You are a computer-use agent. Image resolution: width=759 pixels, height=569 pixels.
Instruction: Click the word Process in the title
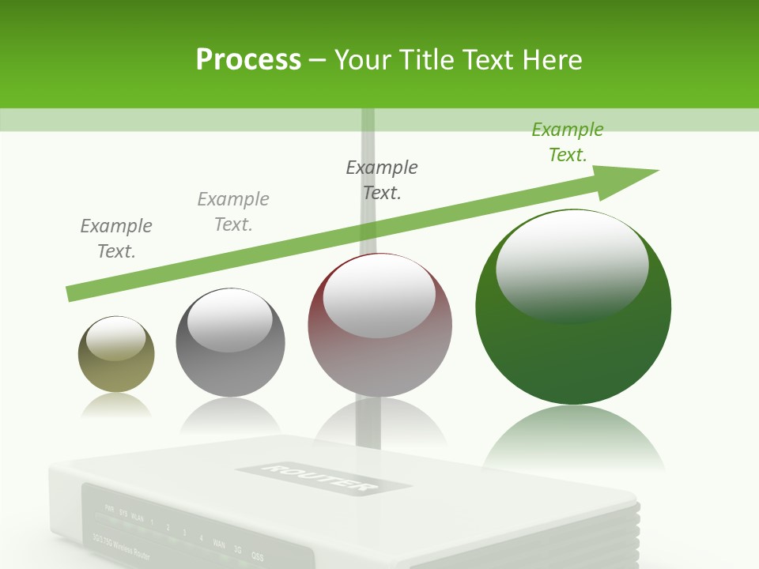pyautogui.click(x=248, y=59)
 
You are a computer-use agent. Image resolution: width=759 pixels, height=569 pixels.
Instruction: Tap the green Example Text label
pyautogui.click(x=568, y=142)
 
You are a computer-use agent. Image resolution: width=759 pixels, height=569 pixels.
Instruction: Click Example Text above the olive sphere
pyautogui.click(x=116, y=239)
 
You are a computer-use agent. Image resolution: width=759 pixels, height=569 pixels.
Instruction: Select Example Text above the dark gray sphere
pyautogui.click(x=233, y=212)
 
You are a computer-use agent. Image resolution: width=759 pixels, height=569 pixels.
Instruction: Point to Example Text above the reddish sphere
pyautogui.click(x=382, y=180)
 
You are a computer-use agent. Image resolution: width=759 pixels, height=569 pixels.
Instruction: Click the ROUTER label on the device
pyautogui.click(x=323, y=477)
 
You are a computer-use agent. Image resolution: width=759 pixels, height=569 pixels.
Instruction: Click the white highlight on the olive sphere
pyautogui.click(x=116, y=338)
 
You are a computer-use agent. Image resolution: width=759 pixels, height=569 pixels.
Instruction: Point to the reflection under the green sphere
pyautogui.click(x=573, y=439)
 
